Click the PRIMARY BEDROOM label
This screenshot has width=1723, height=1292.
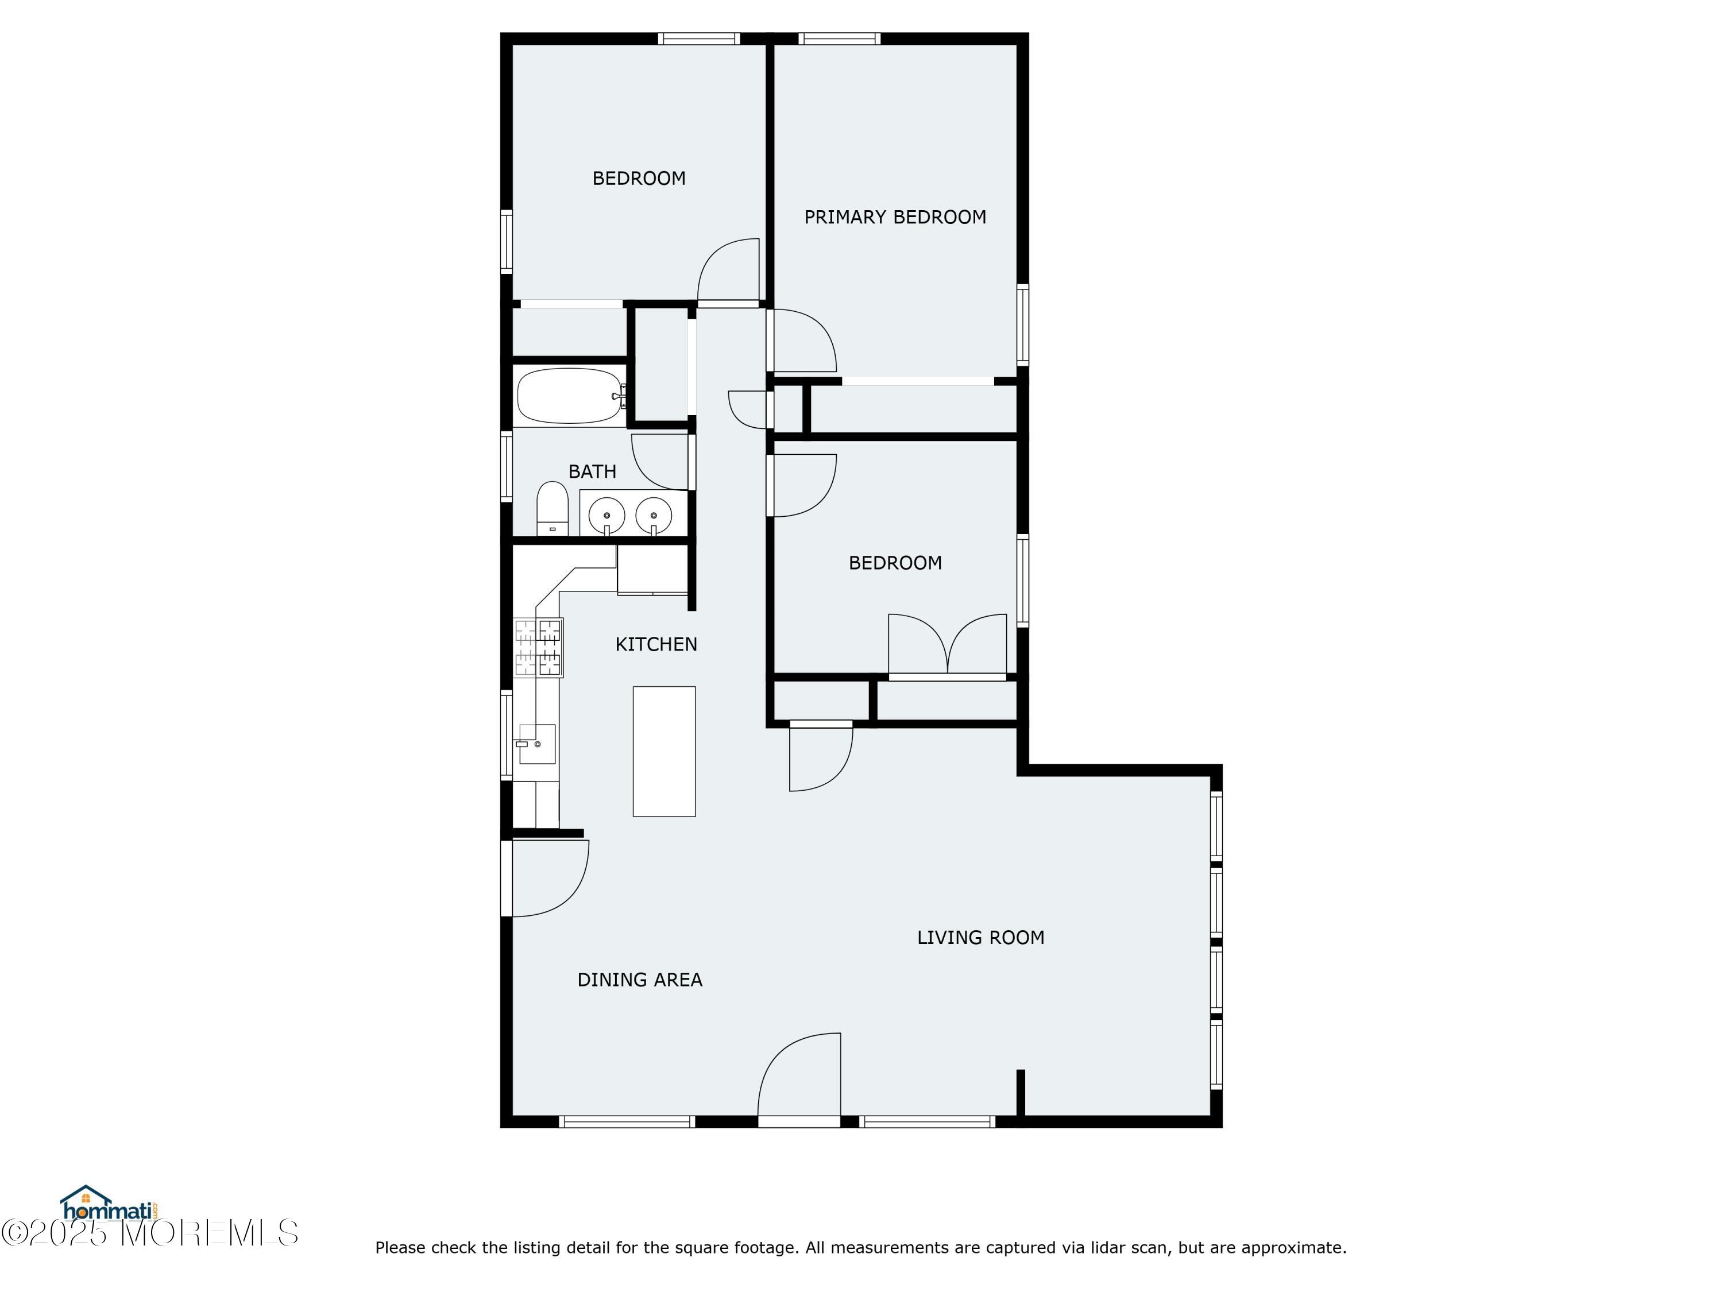pos(895,217)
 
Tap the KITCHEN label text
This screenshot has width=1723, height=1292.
pos(656,644)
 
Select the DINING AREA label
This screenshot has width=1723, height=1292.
pos(639,980)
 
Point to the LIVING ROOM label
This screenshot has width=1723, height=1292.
pos(980,938)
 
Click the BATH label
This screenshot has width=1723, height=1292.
pos(592,471)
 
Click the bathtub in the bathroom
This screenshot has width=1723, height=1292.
pos(571,396)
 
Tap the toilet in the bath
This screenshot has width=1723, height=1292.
pos(553,509)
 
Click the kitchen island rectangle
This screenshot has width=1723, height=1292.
pos(664,752)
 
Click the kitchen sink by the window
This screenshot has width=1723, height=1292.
pos(536,744)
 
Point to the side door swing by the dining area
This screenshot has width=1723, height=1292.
pos(545,879)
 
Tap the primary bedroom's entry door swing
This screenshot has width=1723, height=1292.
pos(802,341)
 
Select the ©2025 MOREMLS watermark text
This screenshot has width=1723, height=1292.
pos(149,1233)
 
